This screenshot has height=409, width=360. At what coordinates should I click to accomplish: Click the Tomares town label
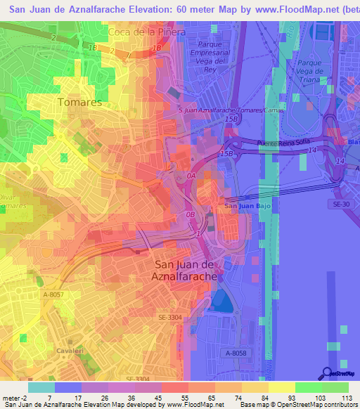click(x=80, y=102)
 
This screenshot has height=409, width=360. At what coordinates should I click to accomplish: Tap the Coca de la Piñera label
click(x=147, y=32)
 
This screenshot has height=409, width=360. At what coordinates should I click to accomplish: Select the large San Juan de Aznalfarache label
click(x=184, y=270)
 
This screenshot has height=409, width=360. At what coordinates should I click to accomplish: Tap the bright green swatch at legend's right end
click(x=335, y=387)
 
